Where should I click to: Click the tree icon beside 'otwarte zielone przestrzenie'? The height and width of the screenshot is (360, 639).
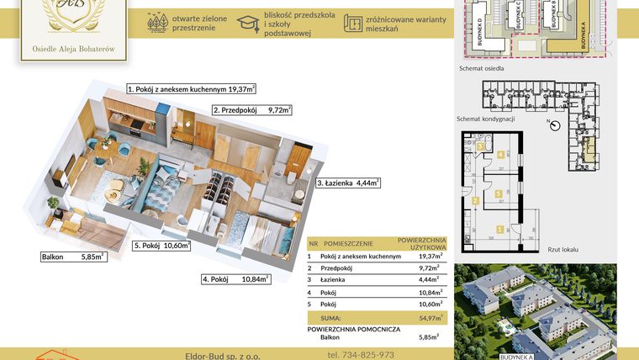pyautogui.click(x=156, y=24)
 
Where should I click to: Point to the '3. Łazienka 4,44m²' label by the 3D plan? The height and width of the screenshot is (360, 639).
pyautogui.click(x=348, y=183)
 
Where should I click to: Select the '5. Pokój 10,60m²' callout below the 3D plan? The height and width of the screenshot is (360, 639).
pyautogui.click(x=161, y=246)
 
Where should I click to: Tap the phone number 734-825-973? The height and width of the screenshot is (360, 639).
pyautogui.click(x=361, y=355)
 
